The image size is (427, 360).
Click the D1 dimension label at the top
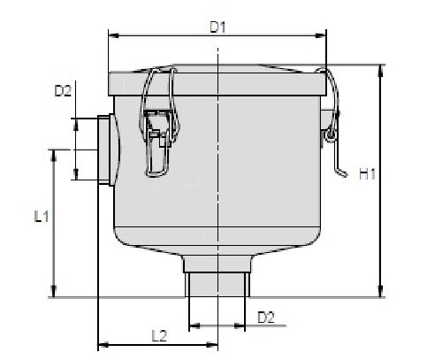pyautogui.click(x=217, y=27)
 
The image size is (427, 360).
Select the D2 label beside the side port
pyautogui.click(x=63, y=90)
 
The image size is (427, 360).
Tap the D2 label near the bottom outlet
pyautogui.click(x=265, y=316)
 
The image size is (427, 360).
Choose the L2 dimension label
pyautogui.click(x=158, y=334)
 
